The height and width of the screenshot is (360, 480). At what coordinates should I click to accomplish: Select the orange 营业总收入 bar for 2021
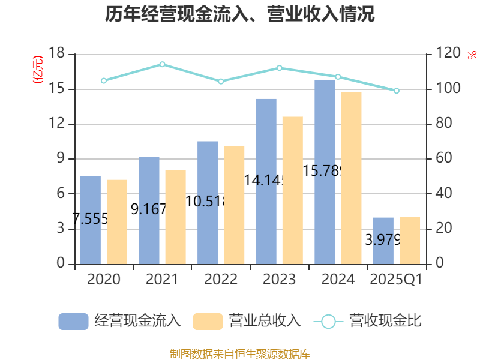point(176,217)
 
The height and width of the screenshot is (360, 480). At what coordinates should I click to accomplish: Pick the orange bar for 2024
point(352,178)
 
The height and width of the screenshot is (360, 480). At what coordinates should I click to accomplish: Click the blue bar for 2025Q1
point(383,241)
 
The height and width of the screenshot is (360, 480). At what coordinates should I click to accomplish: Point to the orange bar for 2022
point(234,205)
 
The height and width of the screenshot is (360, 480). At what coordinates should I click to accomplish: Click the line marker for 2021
point(162,64)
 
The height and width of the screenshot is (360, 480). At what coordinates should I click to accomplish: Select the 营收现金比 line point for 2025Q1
point(397,91)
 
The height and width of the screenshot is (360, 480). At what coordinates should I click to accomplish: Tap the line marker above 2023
point(280,68)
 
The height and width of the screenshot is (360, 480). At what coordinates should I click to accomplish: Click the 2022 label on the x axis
point(221,280)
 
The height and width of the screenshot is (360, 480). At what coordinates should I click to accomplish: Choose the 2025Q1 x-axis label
point(396,280)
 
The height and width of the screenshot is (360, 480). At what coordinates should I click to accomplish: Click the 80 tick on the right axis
point(443,124)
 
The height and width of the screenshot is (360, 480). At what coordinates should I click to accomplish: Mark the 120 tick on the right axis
point(445,54)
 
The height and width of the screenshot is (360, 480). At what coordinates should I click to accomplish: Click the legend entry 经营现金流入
point(120,321)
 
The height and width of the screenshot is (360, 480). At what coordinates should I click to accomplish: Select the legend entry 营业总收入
point(247,321)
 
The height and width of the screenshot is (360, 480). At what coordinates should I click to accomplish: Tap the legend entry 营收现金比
point(368,321)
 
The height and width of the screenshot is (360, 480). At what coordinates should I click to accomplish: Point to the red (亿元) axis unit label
point(38,70)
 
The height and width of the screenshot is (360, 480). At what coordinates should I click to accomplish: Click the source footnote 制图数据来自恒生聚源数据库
point(240,353)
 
